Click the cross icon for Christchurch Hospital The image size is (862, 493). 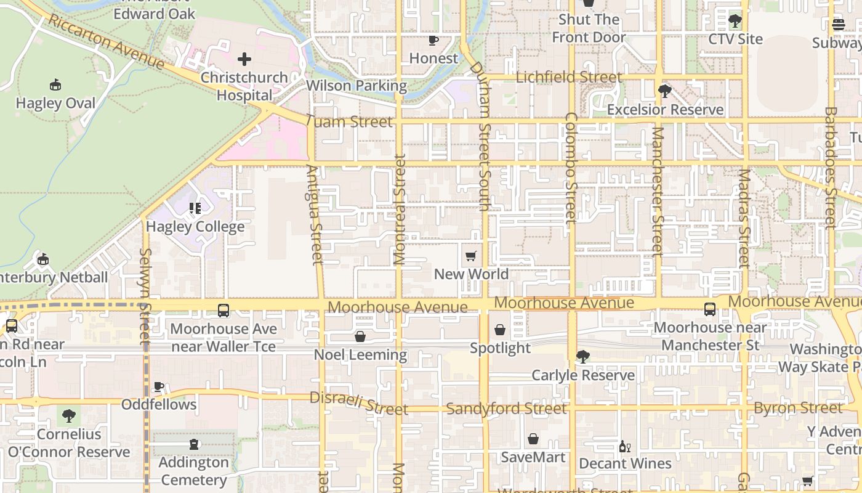[x=244, y=59]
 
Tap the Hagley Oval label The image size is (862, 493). [x=55, y=103]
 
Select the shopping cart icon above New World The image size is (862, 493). [x=471, y=256]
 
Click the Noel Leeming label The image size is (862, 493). [x=360, y=355]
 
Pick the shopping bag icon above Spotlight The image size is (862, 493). [x=500, y=330]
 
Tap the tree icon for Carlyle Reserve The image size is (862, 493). [x=582, y=357]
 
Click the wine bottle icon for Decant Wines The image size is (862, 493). [x=624, y=446]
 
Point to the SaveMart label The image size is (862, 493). [x=533, y=457]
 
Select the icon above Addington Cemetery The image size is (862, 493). [x=195, y=444]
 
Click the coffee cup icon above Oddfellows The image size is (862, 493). [x=159, y=386]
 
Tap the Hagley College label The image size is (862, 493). [x=195, y=227]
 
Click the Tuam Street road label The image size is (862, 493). [x=348, y=122]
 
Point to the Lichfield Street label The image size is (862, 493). [x=569, y=78]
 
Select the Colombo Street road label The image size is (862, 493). [x=571, y=168]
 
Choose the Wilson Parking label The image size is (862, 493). [x=356, y=86]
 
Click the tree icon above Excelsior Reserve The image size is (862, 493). [x=664, y=91]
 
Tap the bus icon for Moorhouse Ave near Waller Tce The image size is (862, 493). [x=224, y=311]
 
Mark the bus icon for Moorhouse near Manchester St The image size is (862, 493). [x=710, y=309]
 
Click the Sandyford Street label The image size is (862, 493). [x=506, y=409]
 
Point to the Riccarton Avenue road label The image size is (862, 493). [x=107, y=42]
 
